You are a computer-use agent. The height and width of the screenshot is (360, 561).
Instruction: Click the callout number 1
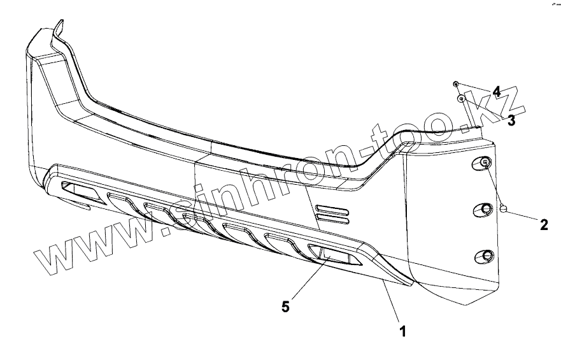(x=403, y=331)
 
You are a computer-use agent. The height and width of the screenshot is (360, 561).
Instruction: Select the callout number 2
(x=544, y=224)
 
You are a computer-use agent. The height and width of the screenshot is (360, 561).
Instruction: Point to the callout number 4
(x=495, y=91)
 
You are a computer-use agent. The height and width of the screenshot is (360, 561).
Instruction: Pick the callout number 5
(x=286, y=306)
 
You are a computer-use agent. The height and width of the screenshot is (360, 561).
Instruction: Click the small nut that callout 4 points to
(x=456, y=84)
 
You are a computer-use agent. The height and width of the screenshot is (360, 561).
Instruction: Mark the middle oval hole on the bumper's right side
(x=484, y=210)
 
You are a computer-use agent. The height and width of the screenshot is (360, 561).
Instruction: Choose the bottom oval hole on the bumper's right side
(x=485, y=256)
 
